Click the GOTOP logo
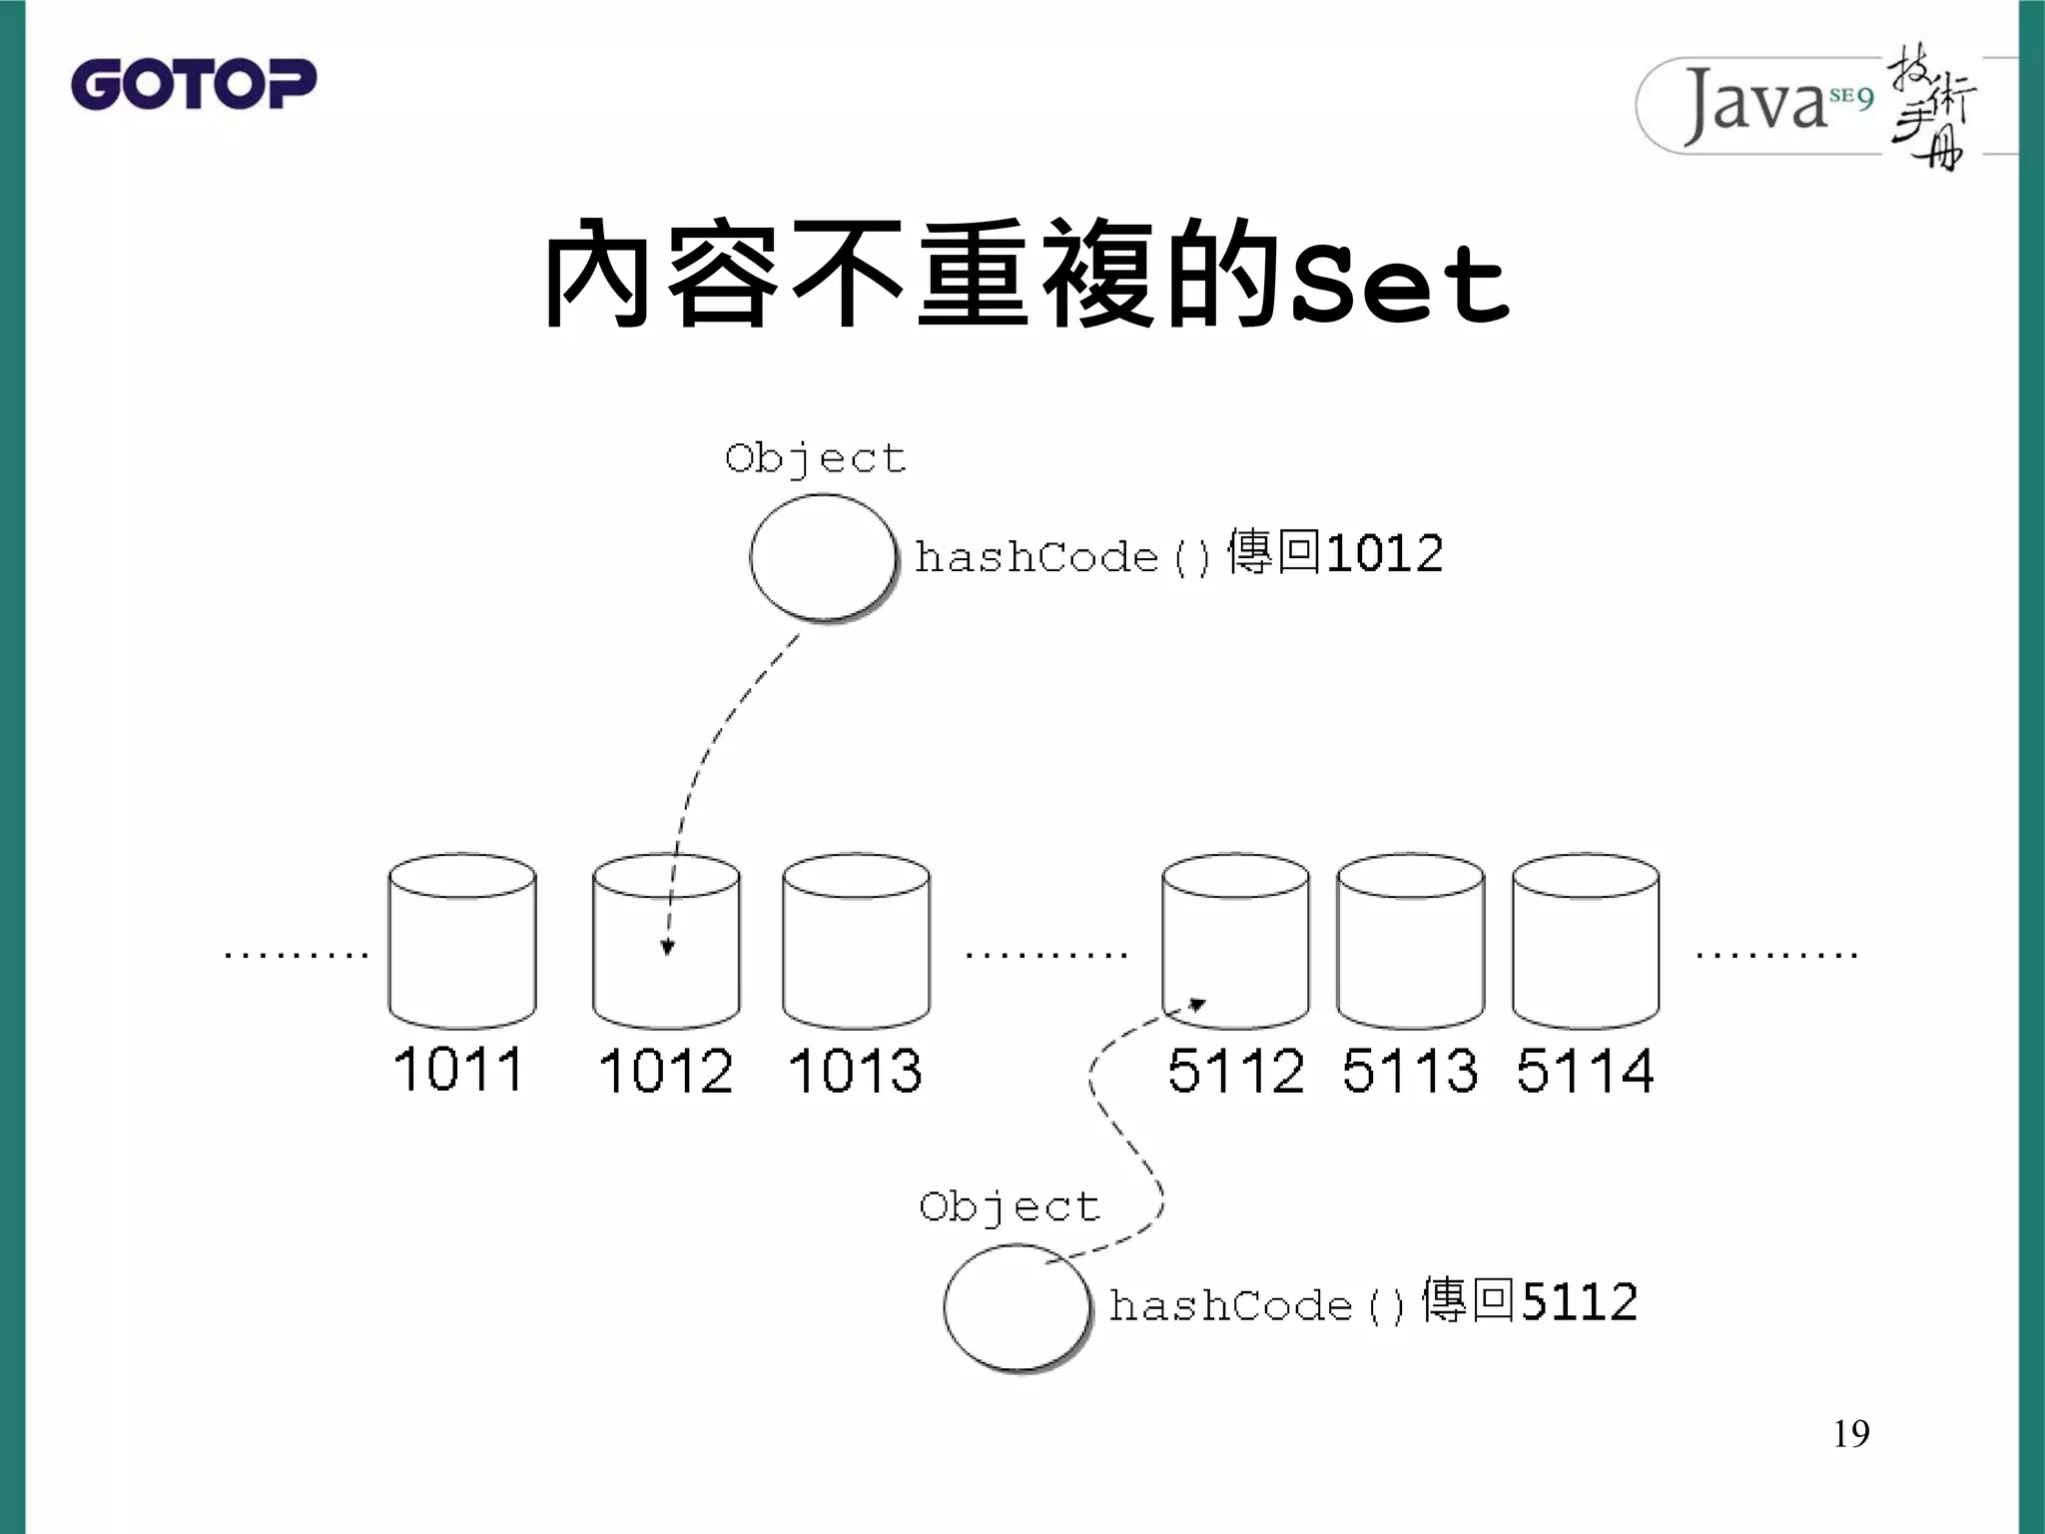click(x=194, y=84)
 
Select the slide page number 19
click(x=1850, y=1433)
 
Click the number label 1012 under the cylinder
click(x=665, y=1072)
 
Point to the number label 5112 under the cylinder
click(x=1235, y=1071)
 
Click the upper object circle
click(x=822, y=557)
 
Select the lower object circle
click(x=1016, y=1306)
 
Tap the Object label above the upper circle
click(x=815, y=458)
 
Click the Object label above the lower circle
click(x=1009, y=1206)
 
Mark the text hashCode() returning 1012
click(x=1178, y=554)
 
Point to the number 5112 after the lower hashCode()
click(x=1580, y=1302)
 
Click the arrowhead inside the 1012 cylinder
click(x=668, y=947)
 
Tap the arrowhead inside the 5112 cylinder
click(x=1197, y=1005)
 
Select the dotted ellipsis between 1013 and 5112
click(x=1045, y=955)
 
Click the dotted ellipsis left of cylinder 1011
click(x=297, y=955)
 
